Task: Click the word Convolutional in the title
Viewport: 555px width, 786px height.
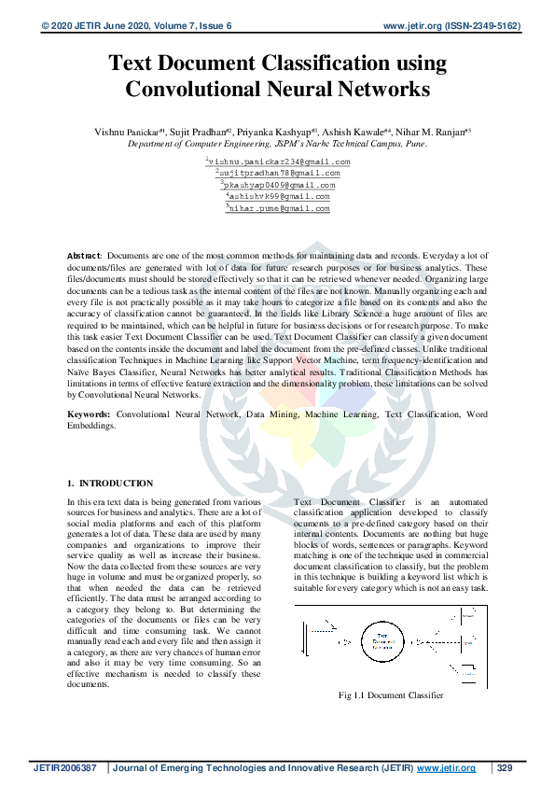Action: tap(201, 91)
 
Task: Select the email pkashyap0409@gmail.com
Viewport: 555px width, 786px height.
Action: tap(279, 185)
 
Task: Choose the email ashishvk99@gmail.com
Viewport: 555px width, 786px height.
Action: tap(279, 197)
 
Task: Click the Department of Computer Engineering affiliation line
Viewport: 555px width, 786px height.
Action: tap(277, 145)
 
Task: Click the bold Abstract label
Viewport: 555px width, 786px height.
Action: tap(85, 255)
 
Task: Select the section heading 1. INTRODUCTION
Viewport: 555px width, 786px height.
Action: tap(111, 483)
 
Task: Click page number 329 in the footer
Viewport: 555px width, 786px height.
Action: tap(506, 768)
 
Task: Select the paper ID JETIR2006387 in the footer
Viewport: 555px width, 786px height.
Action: tap(65, 768)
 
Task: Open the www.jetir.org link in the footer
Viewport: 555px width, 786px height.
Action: tap(446, 768)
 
